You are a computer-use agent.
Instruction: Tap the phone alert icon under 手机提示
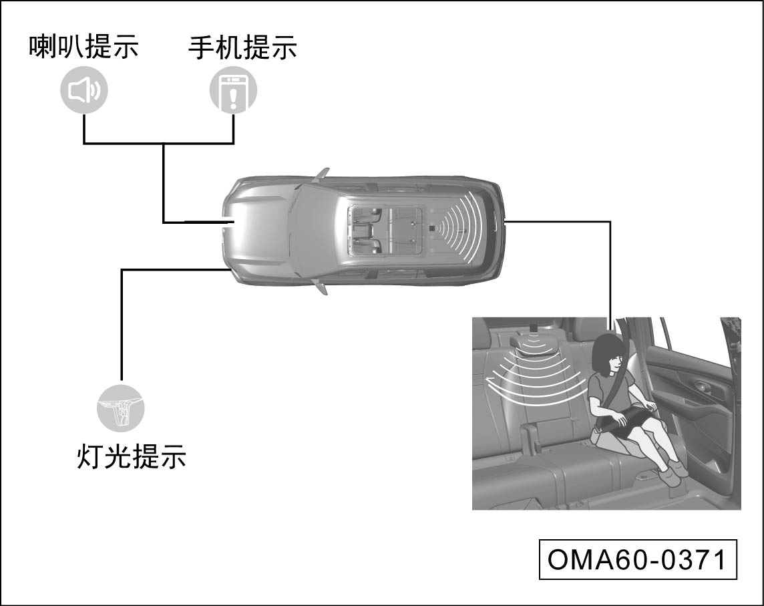coord(233,91)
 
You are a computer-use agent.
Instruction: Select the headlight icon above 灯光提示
coord(121,406)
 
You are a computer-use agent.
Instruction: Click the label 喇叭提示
coord(83,47)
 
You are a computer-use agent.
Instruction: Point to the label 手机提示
coord(242,47)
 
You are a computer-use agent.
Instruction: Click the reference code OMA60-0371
coord(637,560)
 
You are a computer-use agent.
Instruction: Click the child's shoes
coord(670,476)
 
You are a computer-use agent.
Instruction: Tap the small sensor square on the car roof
coord(433,229)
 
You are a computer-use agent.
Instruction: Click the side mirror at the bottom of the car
coord(322,288)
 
